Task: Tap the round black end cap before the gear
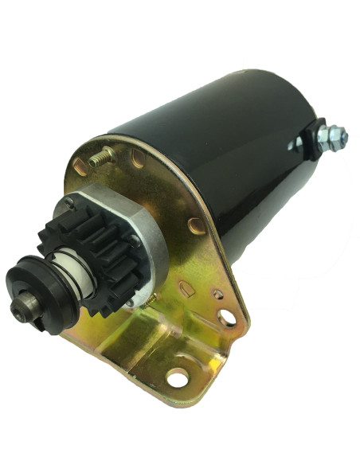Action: (36, 295)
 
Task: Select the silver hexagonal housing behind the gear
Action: (143, 231)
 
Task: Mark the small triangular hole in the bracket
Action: (217, 295)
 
